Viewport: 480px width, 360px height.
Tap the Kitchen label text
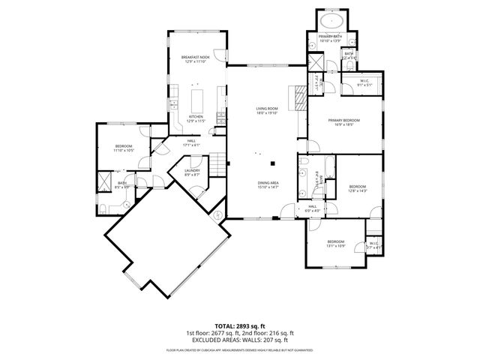click(196, 117)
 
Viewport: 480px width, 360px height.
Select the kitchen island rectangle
click(199, 99)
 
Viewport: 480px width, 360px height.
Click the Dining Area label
click(268, 184)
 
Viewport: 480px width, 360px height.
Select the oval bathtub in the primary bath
click(330, 20)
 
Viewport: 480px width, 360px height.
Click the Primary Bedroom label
click(343, 121)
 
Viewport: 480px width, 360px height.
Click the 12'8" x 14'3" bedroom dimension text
click(357, 190)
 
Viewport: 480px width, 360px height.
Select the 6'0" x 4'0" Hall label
click(313, 209)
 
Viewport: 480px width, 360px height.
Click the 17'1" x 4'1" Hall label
click(191, 142)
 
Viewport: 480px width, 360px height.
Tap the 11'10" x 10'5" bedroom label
click(124, 148)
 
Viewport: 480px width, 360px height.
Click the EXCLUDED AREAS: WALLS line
click(239, 340)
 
